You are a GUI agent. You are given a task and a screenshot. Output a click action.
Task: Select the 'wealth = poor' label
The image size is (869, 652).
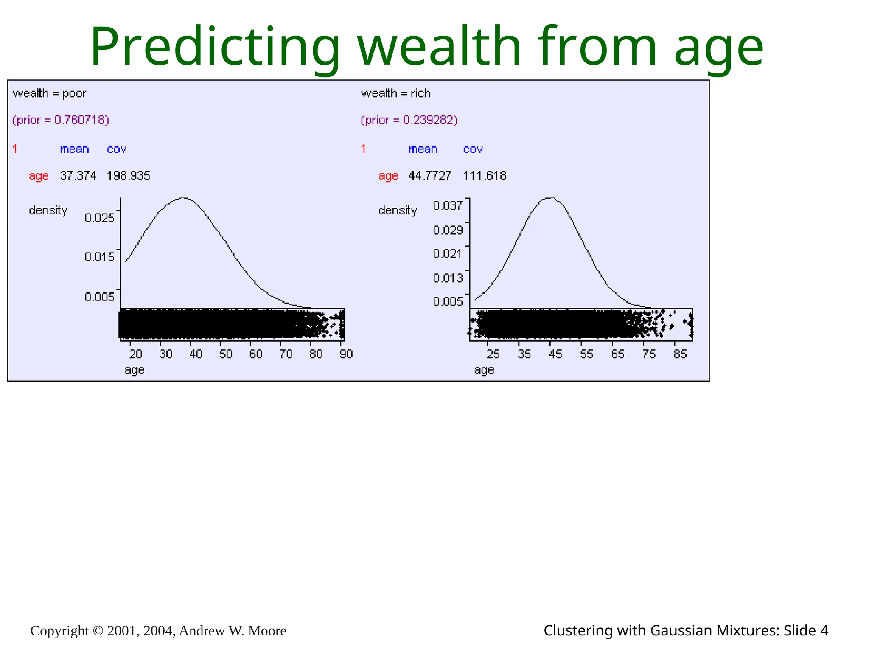[49, 93]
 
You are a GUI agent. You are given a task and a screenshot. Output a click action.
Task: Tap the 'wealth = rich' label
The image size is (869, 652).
[395, 93]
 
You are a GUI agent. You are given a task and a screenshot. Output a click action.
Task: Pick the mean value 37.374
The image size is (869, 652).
[78, 176]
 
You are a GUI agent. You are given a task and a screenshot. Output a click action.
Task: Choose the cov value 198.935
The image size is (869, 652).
[128, 176]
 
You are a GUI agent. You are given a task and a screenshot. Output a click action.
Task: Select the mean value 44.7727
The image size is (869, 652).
[430, 176]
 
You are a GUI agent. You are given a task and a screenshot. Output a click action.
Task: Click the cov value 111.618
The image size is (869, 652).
[485, 176]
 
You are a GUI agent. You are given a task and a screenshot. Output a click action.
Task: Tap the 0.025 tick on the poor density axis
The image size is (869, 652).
[99, 218]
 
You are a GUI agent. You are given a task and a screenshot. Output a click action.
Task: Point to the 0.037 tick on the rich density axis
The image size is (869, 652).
[448, 206]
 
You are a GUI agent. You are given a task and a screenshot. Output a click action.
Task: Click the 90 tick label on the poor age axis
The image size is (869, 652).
[346, 354]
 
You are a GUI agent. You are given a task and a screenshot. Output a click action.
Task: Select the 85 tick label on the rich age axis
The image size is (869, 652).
[680, 354]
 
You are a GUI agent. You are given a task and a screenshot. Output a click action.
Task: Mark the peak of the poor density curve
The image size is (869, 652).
[182, 197]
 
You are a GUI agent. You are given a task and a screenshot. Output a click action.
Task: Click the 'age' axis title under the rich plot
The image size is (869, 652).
[484, 370]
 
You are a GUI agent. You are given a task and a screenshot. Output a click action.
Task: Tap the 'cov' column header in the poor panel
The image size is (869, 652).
[117, 149]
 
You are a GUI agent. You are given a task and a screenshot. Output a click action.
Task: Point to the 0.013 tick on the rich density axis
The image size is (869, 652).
[448, 278]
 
